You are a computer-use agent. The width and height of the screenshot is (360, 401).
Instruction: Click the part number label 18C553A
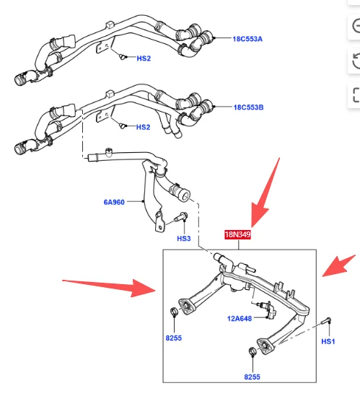(x=248, y=38)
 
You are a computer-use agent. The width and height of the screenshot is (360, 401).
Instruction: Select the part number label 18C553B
(x=248, y=107)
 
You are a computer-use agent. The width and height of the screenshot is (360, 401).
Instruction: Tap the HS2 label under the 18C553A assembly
(x=143, y=58)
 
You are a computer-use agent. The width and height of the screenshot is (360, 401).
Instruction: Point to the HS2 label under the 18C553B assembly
(x=143, y=127)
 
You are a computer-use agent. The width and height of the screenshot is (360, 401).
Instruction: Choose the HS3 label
(x=183, y=238)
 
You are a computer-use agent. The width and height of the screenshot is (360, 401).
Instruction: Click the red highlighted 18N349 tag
(x=237, y=234)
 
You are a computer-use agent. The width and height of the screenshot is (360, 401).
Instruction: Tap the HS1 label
(x=328, y=340)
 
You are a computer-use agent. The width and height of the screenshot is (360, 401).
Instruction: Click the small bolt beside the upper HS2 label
(x=124, y=56)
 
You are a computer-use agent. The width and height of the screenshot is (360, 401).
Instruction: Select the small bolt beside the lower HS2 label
(x=124, y=126)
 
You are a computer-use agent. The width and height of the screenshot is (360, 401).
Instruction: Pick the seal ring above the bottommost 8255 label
(x=250, y=353)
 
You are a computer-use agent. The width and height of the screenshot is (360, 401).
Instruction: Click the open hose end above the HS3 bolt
(x=181, y=193)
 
